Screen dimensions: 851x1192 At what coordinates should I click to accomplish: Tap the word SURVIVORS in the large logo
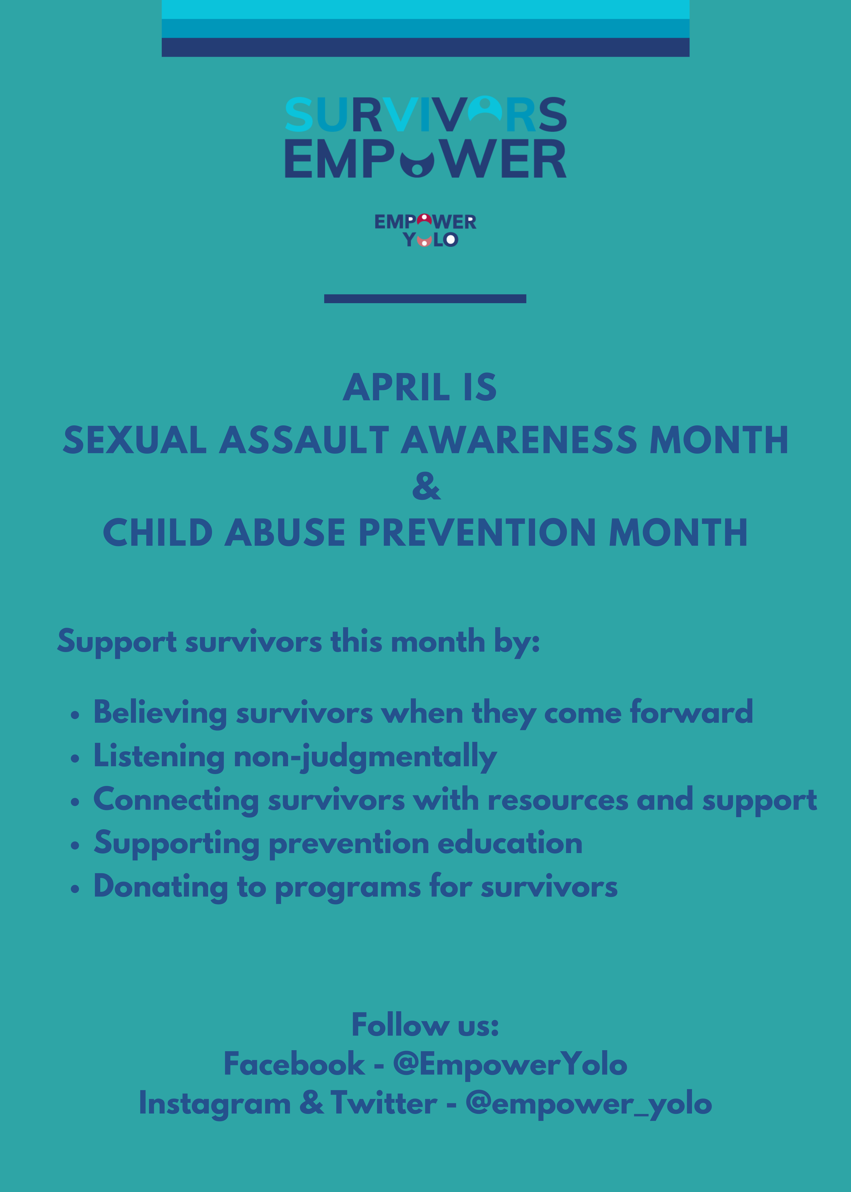pyautogui.click(x=425, y=114)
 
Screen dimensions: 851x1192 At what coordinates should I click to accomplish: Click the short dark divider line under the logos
pyautogui.click(x=425, y=299)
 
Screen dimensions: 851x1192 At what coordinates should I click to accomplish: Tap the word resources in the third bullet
pyautogui.click(x=558, y=800)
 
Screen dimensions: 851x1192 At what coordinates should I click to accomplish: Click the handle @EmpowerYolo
pyautogui.click(x=510, y=1065)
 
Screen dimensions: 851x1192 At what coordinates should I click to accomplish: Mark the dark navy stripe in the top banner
pyautogui.click(x=425, y=47)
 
